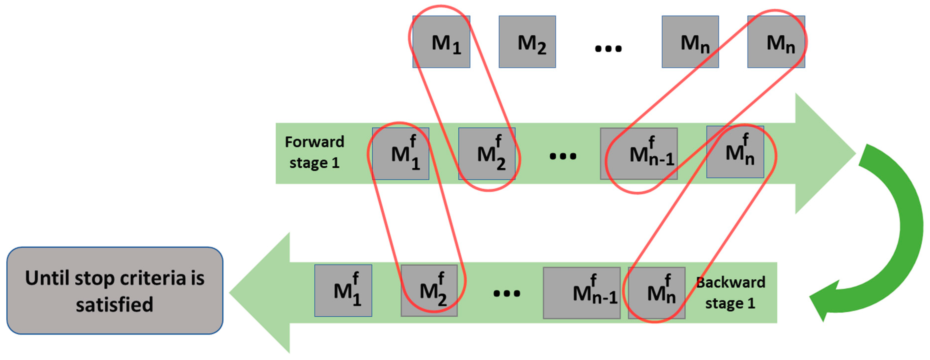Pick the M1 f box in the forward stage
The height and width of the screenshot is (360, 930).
[400, 154]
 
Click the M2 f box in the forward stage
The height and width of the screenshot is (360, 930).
[487, 154]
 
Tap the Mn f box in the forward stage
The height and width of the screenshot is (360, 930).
[735, 152]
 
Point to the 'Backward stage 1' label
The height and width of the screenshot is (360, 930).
[730, 293]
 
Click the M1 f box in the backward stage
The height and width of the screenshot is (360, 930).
[343, 291]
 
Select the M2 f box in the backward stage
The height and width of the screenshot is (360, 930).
[429, 291]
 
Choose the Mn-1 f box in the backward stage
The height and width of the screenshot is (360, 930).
[582, 293]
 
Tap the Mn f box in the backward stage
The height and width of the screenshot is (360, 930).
[656, 293]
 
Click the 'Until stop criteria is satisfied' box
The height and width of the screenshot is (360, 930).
[115, 291]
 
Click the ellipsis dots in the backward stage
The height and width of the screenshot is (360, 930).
[507, 293]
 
